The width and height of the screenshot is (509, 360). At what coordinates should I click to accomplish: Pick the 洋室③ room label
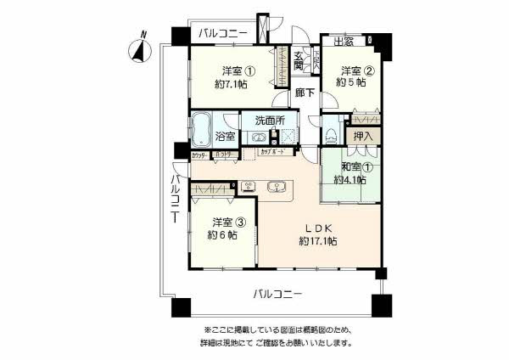click(229, 222)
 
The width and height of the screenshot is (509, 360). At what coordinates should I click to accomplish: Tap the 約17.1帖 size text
click(318, 242)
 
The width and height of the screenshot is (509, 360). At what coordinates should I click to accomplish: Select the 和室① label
click(350, 166)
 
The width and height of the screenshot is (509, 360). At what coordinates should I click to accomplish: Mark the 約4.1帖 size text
click(350, 180)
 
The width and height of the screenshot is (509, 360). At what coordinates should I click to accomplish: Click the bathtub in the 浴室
click(201, 129)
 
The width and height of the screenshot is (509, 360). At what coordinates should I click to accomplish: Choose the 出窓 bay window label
click(343, 42)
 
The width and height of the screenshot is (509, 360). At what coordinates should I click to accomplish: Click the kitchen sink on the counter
click(276, 187)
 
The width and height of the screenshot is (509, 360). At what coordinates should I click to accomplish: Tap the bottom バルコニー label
click(278, 295)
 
